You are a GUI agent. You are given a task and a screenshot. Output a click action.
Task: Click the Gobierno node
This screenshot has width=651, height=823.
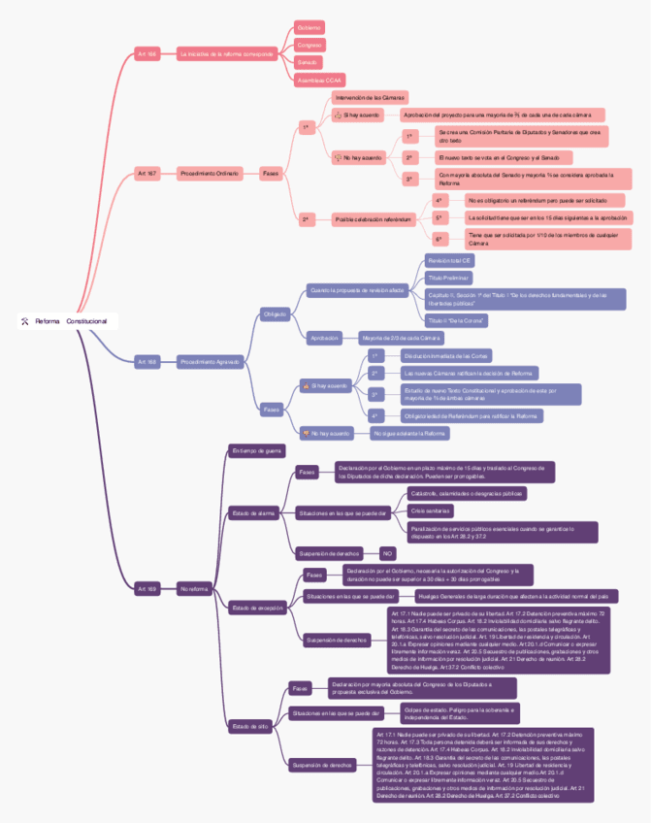tap(309, 27)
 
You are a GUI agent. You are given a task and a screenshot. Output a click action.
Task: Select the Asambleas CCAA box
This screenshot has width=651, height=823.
tap(320, 80)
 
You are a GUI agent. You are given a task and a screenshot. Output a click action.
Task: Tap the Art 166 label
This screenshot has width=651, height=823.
tap(146, 53)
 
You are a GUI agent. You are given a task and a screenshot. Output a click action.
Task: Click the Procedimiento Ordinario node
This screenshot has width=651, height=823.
tap(208, 173)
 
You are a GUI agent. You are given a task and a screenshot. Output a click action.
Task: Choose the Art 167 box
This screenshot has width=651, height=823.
tap(146, 173)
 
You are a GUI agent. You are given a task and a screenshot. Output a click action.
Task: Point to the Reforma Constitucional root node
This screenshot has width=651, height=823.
tap(67, 320)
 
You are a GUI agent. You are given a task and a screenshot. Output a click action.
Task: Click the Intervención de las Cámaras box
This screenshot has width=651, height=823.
tap(370, 98)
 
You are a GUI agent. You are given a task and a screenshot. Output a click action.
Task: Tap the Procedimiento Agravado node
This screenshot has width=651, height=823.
tap(209, 361)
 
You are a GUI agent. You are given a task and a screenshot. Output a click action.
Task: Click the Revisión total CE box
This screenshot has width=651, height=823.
tap(449, 261)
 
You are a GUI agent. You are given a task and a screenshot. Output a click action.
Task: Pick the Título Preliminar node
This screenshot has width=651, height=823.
tap(448, 278)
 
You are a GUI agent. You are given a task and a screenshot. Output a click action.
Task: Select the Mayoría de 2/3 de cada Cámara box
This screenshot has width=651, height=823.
tap(400, 338)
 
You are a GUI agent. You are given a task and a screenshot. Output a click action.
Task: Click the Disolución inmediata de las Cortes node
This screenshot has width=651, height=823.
tap(445, 356)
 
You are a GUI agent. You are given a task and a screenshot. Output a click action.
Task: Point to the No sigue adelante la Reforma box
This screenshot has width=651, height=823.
tap(408, 433)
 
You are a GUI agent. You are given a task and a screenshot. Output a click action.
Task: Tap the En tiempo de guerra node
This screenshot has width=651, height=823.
tap(257, 450)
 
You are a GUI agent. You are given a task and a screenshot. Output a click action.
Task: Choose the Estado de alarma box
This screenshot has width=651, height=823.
tap(253, 512)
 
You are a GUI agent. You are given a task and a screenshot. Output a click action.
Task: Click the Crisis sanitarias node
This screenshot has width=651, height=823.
tap(431, 510)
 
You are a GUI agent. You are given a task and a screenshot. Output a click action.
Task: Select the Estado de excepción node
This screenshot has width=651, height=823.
tap(257, 608)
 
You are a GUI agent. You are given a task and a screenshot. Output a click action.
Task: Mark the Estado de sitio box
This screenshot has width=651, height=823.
tap(250, 725)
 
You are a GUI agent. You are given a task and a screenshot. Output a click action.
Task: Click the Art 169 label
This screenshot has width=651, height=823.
tap(146, 588)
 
